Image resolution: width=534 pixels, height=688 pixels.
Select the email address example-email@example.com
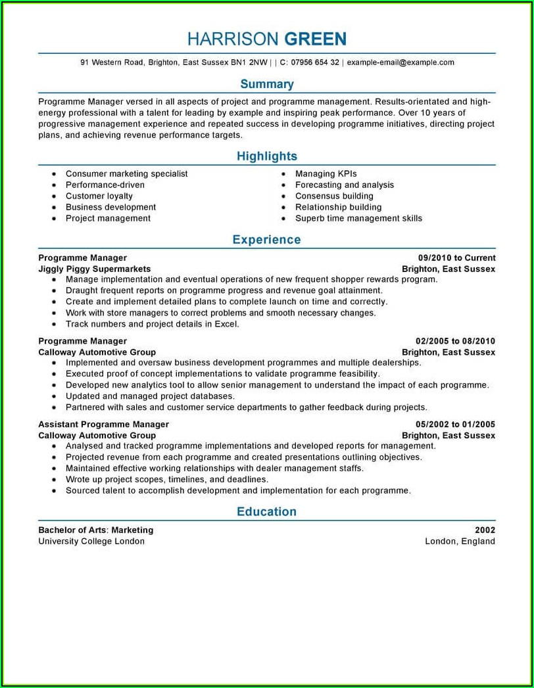coord(400,62)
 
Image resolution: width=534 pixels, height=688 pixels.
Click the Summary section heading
coord(267,84)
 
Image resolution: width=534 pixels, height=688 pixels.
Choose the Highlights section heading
coord(267,156)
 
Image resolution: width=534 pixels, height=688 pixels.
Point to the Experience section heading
coord(266,240)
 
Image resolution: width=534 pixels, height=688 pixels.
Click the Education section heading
coord(266,512)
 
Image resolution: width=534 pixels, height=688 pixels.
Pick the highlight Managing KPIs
coord(326,173)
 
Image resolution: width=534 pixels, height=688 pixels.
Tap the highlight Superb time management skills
coord(358,218)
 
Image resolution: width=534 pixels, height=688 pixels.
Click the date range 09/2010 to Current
coord(456,258)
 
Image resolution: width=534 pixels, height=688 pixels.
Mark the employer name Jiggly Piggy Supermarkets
coord(94,269)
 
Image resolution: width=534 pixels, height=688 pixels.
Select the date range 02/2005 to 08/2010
coord(455,341)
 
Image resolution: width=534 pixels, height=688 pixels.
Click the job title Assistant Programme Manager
coord(103,424)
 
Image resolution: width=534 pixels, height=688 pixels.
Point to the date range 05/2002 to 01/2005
coord(455,424)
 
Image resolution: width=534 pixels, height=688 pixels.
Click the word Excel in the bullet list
coord(226,324)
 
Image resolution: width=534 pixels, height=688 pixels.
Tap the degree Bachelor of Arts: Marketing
coord(95,530)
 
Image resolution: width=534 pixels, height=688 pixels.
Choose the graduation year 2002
coord(485,530)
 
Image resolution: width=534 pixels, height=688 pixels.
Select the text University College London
coord(91,541)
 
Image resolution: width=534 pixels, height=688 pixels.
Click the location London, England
coord(460,541)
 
